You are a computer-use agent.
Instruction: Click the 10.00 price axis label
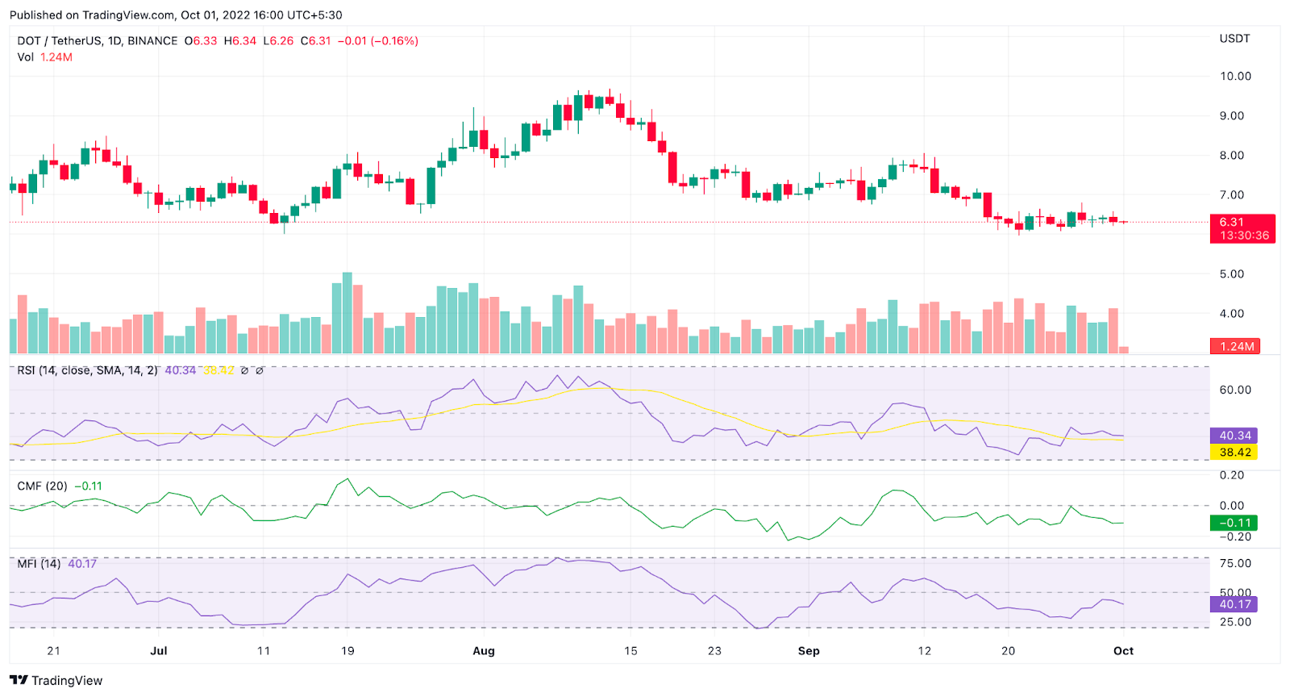(x=1234, y=77)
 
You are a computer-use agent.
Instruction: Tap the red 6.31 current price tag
(x=1242, y=228)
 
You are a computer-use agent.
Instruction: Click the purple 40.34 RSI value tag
(x=1234, y=436)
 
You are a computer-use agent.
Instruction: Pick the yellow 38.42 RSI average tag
(x=1234, y=453)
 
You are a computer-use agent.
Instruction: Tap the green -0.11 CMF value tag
(x=1234, y=523)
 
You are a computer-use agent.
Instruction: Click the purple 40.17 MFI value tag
(x=1234, y=604)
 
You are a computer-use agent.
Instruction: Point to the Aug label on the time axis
(x=484, y=651)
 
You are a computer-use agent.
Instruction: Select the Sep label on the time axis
(x=809, y=651)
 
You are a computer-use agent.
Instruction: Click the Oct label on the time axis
(x=1123, y=651)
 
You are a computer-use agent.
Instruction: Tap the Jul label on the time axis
(x=159, y=651)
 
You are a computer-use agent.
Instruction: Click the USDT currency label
(x=1234, y=39)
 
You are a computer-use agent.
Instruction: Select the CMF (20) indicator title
(x=43, y=486)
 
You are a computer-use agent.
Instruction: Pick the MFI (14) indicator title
(x=39, y=564)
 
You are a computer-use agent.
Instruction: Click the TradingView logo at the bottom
(x=56, y=681)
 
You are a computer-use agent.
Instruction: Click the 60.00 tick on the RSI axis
(x=1234, y=390)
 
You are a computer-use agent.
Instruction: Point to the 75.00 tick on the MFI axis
(x=1234, y=563)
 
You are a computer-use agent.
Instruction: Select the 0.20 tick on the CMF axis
(x=1231, y=475)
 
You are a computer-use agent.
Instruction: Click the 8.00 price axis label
(x=1231, y=156)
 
